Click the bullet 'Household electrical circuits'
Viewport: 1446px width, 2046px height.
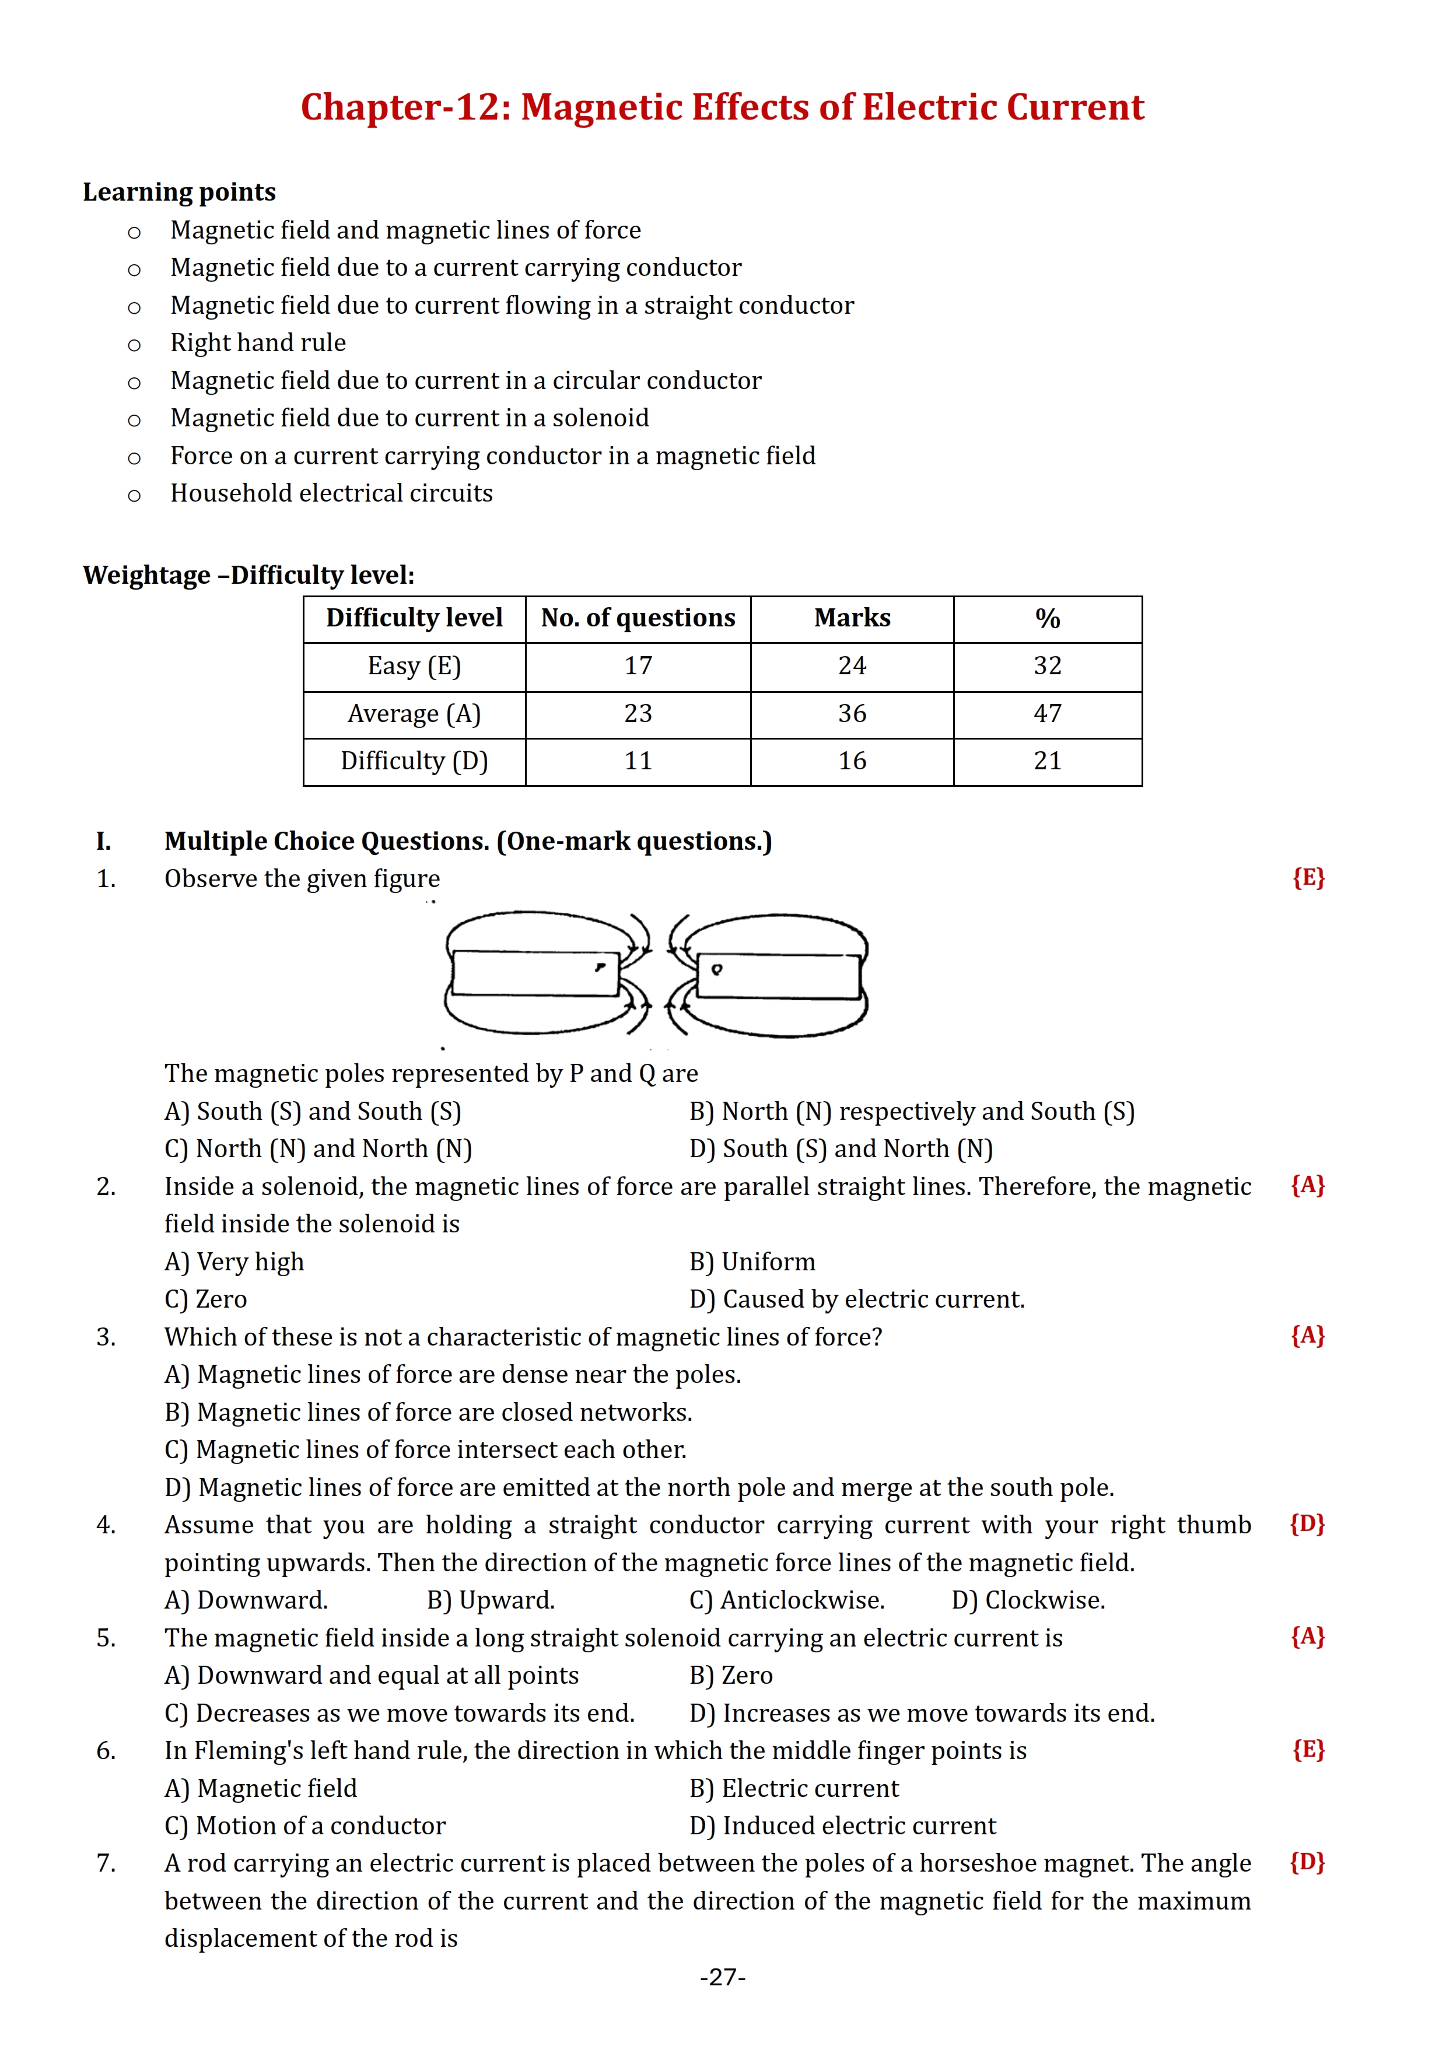click(331, 493)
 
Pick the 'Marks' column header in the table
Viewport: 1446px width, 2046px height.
click(852, 618)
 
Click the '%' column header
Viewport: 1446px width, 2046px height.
click(1047, 618)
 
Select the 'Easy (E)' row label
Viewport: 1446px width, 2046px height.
click(414, 667)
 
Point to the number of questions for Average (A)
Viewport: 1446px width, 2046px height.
click(638, 714)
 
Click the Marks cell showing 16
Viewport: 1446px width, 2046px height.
click(852, 761)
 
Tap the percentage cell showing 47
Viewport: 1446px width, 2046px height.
click(1047, 714)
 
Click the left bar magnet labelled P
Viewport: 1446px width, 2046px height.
click(534, 973)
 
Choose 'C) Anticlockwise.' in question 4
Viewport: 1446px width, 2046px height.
click(787, 1600)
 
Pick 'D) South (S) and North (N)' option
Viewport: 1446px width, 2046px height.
click(841, 1150)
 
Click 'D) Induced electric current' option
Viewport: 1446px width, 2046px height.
click(842, 1827)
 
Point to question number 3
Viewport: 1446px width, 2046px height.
click(106, 1337)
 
